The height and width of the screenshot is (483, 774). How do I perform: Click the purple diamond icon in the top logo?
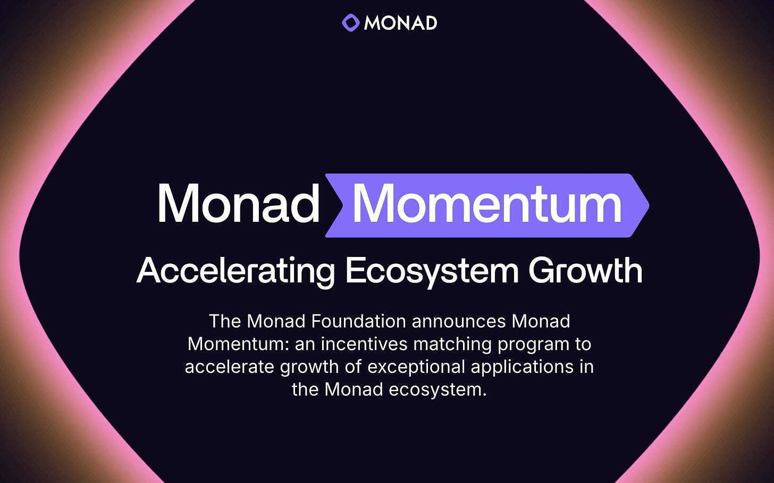coord(351,23)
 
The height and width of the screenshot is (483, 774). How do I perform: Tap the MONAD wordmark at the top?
coord(400,23)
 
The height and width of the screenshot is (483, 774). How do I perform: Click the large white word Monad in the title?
coord(238,204)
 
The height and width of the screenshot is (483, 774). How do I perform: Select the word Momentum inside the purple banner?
coord(486,204)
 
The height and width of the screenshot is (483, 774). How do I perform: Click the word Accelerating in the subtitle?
coord(235,271)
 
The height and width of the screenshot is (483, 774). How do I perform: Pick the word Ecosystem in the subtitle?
coord(432,271)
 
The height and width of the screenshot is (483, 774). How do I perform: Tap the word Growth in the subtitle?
coord(585,271)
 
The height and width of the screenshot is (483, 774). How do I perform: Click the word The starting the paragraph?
coord(225,321)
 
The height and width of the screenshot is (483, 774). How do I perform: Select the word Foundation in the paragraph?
coord(359,321)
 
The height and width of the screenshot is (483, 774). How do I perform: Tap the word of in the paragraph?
coord(352,367)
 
